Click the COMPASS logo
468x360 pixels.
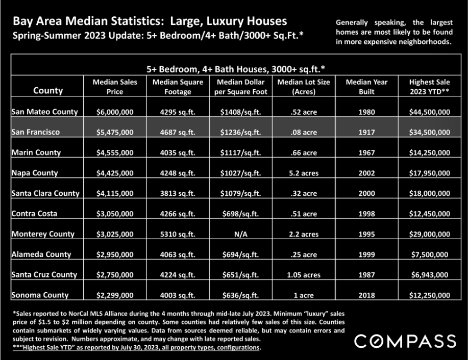click(x=405, y=341)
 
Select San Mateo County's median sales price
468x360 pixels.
click(x=115, y=112)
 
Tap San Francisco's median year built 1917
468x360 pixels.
click(x=366, y=132)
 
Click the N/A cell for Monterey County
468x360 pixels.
click(x=240, y=234)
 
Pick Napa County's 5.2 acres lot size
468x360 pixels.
click(x=304, y=173)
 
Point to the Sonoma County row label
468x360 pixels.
click(x=40, y=295)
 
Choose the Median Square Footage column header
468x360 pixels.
click(x=178, y=87)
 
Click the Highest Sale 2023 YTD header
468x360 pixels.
click(x=430, y=87)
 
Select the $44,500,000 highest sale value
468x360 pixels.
click(x=430, y=112)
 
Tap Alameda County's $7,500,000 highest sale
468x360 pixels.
click(x=430, y=254)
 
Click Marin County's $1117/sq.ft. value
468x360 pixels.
click(x=240, y=152)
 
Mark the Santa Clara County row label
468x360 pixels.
click(x=45, y=193)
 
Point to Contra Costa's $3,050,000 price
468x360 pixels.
click(x=115, y=214)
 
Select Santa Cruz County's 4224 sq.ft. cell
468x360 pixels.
click(x=178, y=275)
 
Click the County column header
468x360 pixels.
click(x=48, y=90)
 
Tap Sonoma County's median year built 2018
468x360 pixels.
click(x=366, y=295)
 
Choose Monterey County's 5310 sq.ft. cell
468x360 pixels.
click(x=178, y=234)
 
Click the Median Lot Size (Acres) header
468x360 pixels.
click(x=304, y=87)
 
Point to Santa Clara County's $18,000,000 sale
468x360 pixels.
click(x=430, y=193)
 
